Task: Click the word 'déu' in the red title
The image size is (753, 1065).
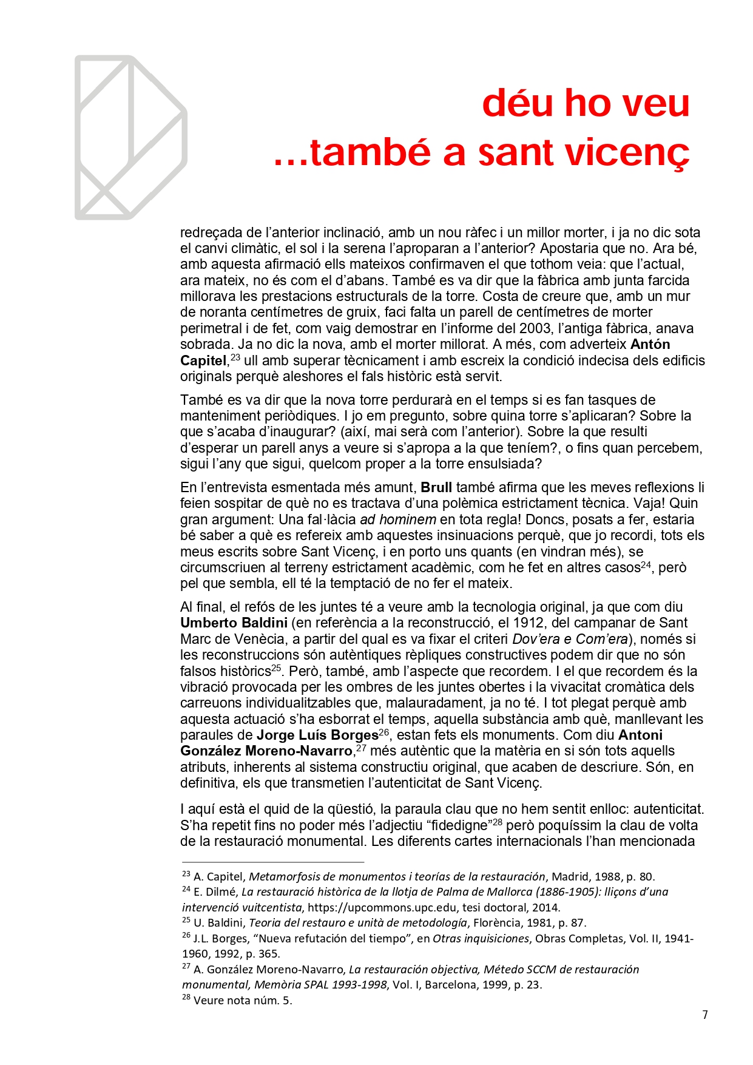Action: tap(518, 103)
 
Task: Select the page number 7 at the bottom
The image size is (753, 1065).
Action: tap(704, 1015)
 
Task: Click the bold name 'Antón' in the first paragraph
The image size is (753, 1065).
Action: tap(650, 345)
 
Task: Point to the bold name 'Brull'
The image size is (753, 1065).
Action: tap(436, 488)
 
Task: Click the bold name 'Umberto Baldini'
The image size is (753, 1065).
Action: tap(234, 623)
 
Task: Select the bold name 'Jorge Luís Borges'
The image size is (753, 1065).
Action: tap(317, 735)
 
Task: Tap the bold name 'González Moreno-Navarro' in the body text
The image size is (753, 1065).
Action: tap(266, 751)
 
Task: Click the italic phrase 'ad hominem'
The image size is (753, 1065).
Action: tap(398, 520)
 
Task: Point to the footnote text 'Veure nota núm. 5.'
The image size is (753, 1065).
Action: tap(243, 1001)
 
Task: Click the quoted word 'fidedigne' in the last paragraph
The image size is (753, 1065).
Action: tap(459, 826)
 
